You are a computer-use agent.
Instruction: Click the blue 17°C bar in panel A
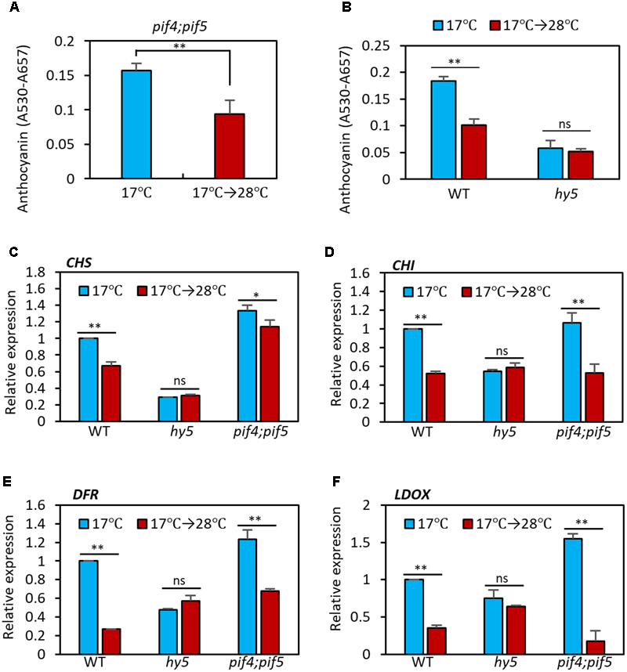pos(136,125)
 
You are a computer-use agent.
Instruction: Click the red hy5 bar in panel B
pos(572,164)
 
